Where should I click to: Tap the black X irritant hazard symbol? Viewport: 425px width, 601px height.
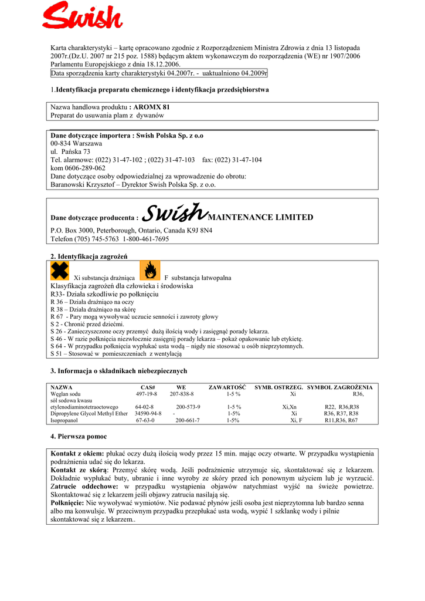pos(60,271)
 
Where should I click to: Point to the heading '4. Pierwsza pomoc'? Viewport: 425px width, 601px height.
pos(79,437)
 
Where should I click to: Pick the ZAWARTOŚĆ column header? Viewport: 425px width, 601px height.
pos(227,387)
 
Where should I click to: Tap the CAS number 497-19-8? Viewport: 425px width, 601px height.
pos(147,394)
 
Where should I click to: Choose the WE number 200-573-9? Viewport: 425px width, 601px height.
pos(188,407)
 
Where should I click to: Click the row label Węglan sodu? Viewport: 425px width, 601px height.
pos(65,394)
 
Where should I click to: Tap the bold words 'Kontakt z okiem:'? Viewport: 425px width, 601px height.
pos(77,454)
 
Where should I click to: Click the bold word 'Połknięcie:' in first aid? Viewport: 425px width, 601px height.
pos(67,503)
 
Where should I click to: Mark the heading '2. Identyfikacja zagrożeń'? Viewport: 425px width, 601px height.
pos(89,256)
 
